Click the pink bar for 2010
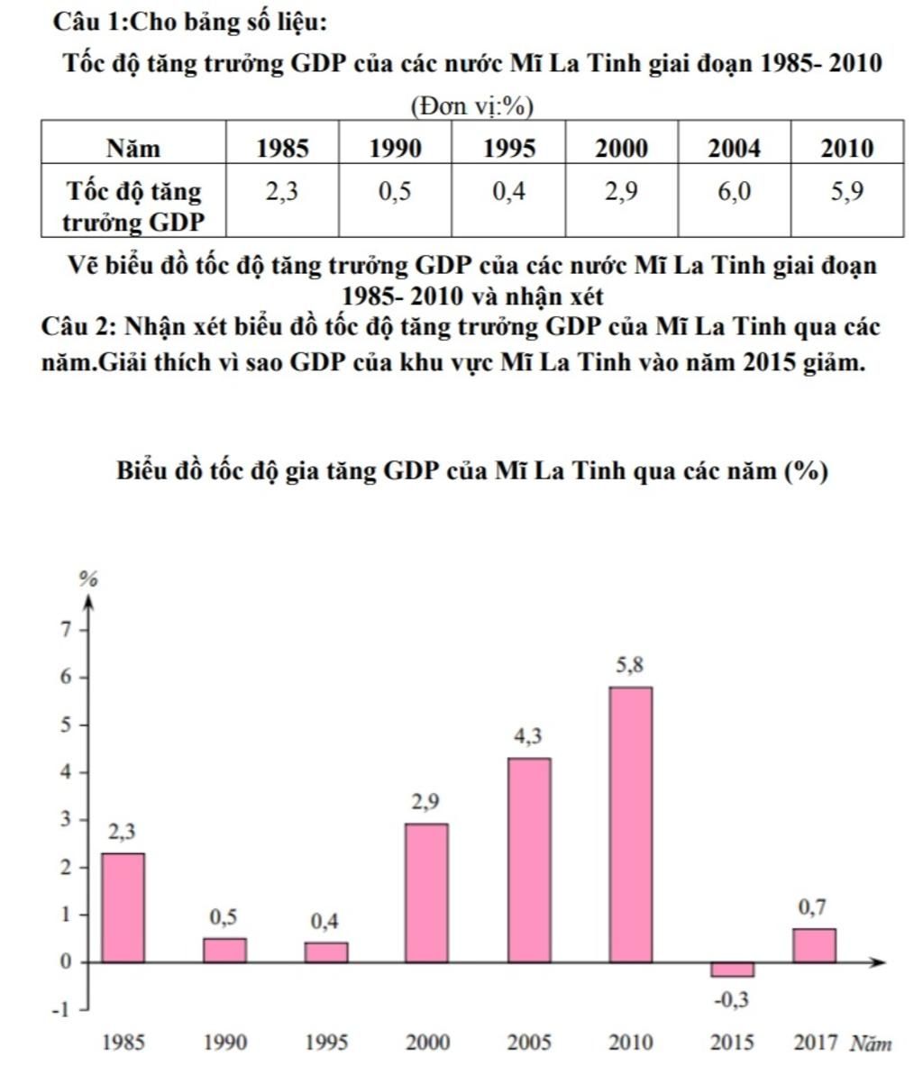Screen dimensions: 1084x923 [x=630, y=824]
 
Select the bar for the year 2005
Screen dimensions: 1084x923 [x=529, y=860]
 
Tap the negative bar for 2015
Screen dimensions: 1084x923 [x=732, y=970]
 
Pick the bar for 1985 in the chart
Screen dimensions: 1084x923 [x=123, y=907]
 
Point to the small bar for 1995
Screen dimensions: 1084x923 [x=326, y=952]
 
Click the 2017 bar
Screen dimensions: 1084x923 [x=814, y=945]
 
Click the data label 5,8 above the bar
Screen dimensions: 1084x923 [x=630, y=666]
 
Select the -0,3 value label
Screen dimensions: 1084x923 [x=732, y=999]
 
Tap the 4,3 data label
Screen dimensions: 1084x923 [x=528, y=736]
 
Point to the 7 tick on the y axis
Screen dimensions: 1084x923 [x=64, y=630]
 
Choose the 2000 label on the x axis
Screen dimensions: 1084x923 [x=427, y=1043]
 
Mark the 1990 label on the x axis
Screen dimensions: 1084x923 [x=224, y=1043]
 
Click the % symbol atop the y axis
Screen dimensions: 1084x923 [x=87, y=579]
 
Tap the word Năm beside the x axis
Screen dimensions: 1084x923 [x=871, y=1043]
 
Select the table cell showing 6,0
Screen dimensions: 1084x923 [x=734, y=192]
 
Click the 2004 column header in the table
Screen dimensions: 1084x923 [x=734, y=148]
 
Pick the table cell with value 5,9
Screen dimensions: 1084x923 [x=847, y=192]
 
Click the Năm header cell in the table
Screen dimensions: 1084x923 [x=133, y=148]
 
